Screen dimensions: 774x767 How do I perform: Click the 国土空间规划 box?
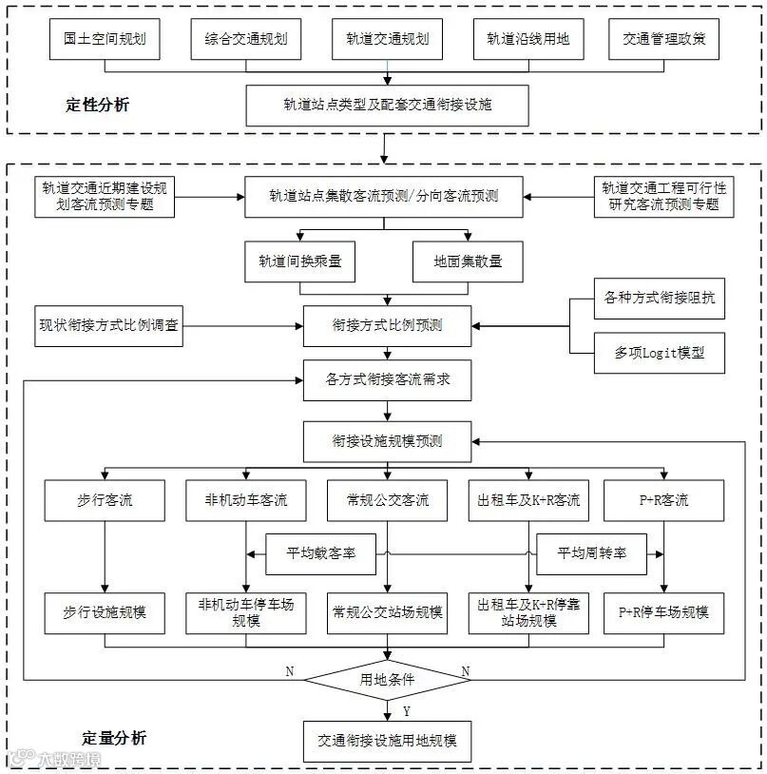(105, 39)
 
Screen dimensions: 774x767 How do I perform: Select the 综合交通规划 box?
(245, 39)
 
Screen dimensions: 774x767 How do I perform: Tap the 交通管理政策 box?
(664, 39)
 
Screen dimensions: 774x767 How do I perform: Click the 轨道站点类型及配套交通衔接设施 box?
(387, 105)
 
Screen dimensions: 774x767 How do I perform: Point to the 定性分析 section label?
(97, 105)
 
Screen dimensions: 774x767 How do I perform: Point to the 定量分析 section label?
(114, 737)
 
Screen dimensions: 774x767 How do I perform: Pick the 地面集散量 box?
(468, 261)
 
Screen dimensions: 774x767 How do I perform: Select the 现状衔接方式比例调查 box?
(107, 325)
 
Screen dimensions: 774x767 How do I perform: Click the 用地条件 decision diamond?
(387, 679)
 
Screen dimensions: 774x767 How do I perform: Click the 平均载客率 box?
(322, 552)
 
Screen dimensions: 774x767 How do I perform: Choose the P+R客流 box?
(663, 499)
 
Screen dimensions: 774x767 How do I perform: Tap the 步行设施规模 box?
(105, 611)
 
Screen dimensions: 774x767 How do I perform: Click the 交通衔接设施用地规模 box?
(387, 741)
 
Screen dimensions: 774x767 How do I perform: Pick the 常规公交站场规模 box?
(387, 611)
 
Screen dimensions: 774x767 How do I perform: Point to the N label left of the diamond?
(290, 671)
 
